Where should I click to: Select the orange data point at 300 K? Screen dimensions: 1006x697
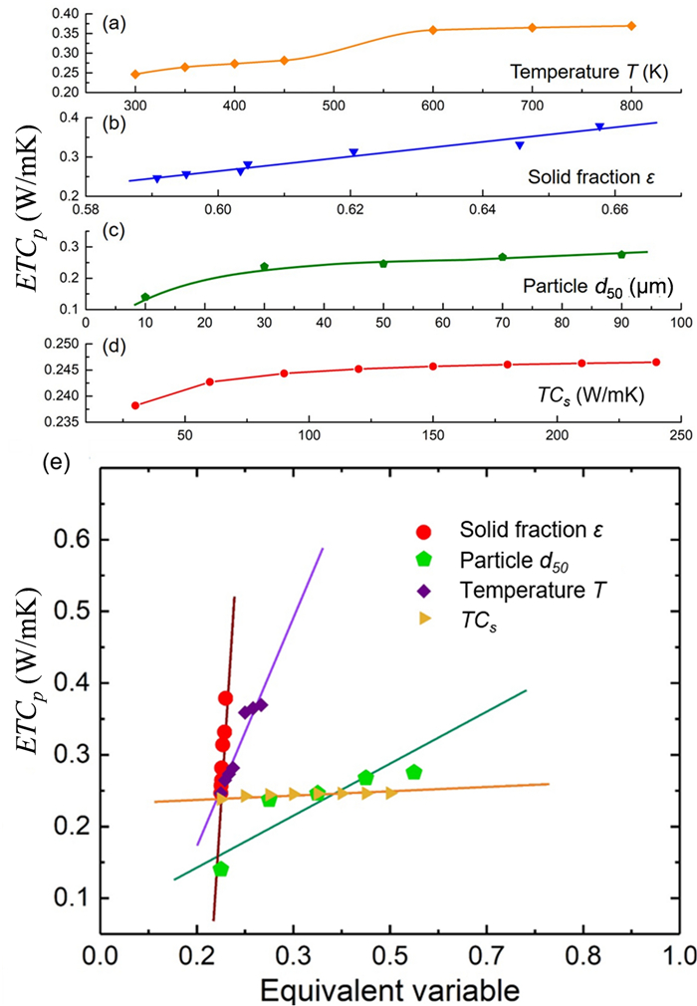click(135, 74)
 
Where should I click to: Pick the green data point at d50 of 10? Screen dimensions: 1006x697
click(145, 297)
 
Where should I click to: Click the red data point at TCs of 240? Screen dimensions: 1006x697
click(656, 362)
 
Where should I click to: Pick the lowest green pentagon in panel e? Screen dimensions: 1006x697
click(221, 869)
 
